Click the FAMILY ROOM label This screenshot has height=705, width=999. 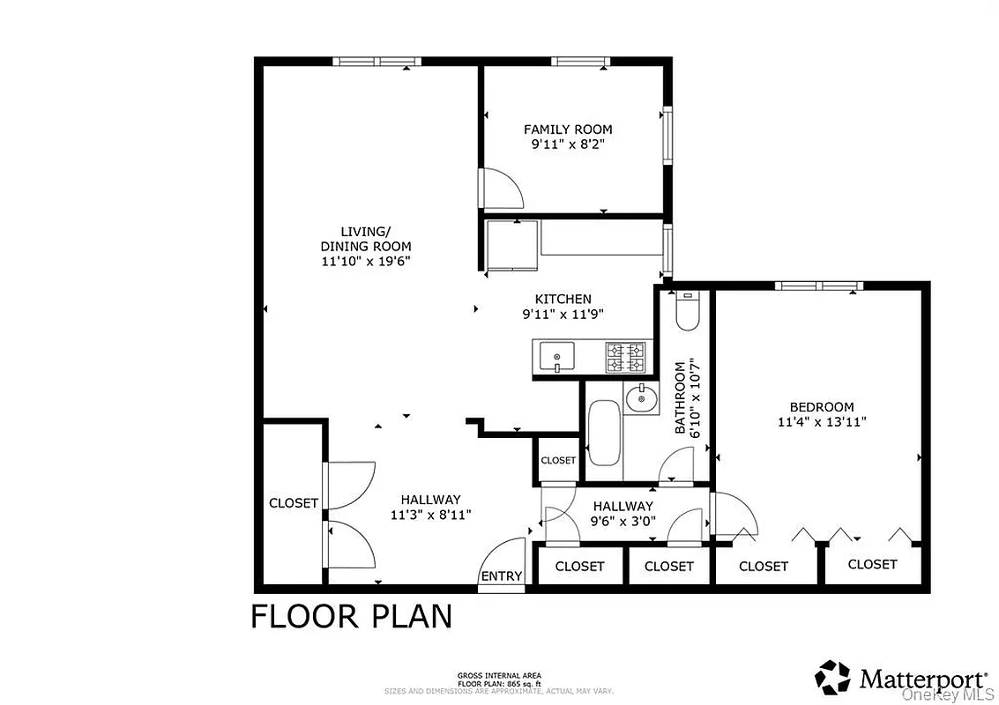coord(568,130)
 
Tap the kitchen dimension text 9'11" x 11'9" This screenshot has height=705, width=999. coord(563,314)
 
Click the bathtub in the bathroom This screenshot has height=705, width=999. coord(604,433)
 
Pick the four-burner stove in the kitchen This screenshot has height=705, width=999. coord(626,358)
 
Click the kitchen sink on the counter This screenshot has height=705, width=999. coord(556,357)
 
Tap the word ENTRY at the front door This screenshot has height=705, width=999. coord(501,576)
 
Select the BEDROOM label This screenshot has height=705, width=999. coord(821,406)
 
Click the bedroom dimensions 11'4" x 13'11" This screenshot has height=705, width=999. coord(821,421)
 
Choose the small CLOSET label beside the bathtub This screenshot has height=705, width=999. coord(557,460)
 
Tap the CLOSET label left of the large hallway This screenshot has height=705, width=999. coord(293,503)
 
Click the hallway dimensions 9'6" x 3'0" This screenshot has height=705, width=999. coord(623,521)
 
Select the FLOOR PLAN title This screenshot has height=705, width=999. coord(351,616)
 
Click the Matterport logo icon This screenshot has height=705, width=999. coord(833,677)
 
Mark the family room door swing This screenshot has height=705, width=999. coord(505,186)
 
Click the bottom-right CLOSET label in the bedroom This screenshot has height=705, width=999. coord(872,564)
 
